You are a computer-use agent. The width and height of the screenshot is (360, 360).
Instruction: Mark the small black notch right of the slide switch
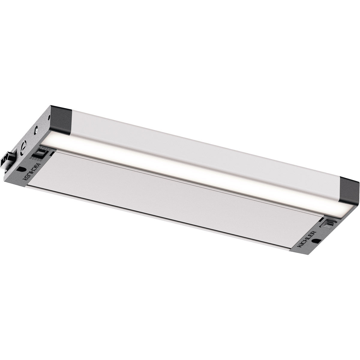coord(52,154)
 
